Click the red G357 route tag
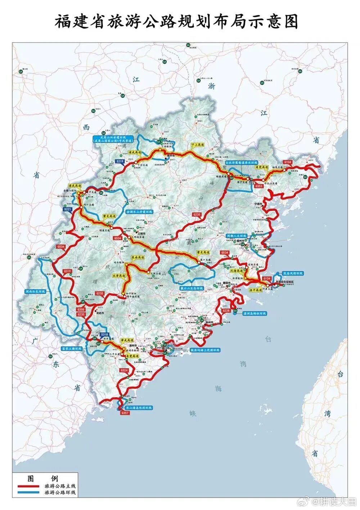(x=125, y=413)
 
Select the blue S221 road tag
(x=68, y=209)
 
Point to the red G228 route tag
(x=226, y=310)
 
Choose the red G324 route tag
(x=124, y=370)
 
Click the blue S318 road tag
(x=104, y=335)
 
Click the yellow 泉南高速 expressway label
(x=137, y=258)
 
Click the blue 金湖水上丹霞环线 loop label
(x=139, y=212)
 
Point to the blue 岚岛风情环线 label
(x=293, y=274)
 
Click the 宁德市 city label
(x=259, y=204)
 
